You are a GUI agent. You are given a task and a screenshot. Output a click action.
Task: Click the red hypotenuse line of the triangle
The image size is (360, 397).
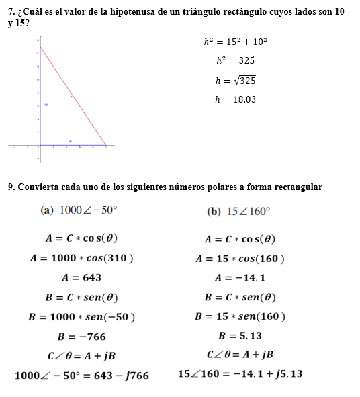[73, 95]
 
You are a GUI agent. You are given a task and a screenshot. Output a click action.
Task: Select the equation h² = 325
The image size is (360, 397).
[235, 60]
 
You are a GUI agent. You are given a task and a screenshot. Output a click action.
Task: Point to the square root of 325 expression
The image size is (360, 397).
[242, 81]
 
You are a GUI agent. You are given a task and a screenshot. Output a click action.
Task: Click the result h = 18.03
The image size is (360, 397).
[235, 100]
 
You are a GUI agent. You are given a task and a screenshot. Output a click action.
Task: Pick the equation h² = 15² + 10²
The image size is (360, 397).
[235, 42]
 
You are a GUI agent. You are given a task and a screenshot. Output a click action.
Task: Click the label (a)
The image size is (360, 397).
[47, 210]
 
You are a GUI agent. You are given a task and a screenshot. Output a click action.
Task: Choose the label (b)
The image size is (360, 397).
[214, 211]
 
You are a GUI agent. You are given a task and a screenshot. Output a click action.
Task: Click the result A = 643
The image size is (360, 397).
[81, 277]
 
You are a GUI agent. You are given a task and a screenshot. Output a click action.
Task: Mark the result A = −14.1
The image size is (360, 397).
[240, 277]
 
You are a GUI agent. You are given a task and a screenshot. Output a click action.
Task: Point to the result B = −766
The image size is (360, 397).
[81, 336]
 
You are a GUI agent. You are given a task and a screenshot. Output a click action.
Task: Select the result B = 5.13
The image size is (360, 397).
[240, 335]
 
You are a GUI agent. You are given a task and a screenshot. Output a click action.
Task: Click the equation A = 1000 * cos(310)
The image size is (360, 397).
[81, 258]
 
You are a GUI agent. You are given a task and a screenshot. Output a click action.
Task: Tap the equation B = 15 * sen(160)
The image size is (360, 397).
[240, 316]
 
